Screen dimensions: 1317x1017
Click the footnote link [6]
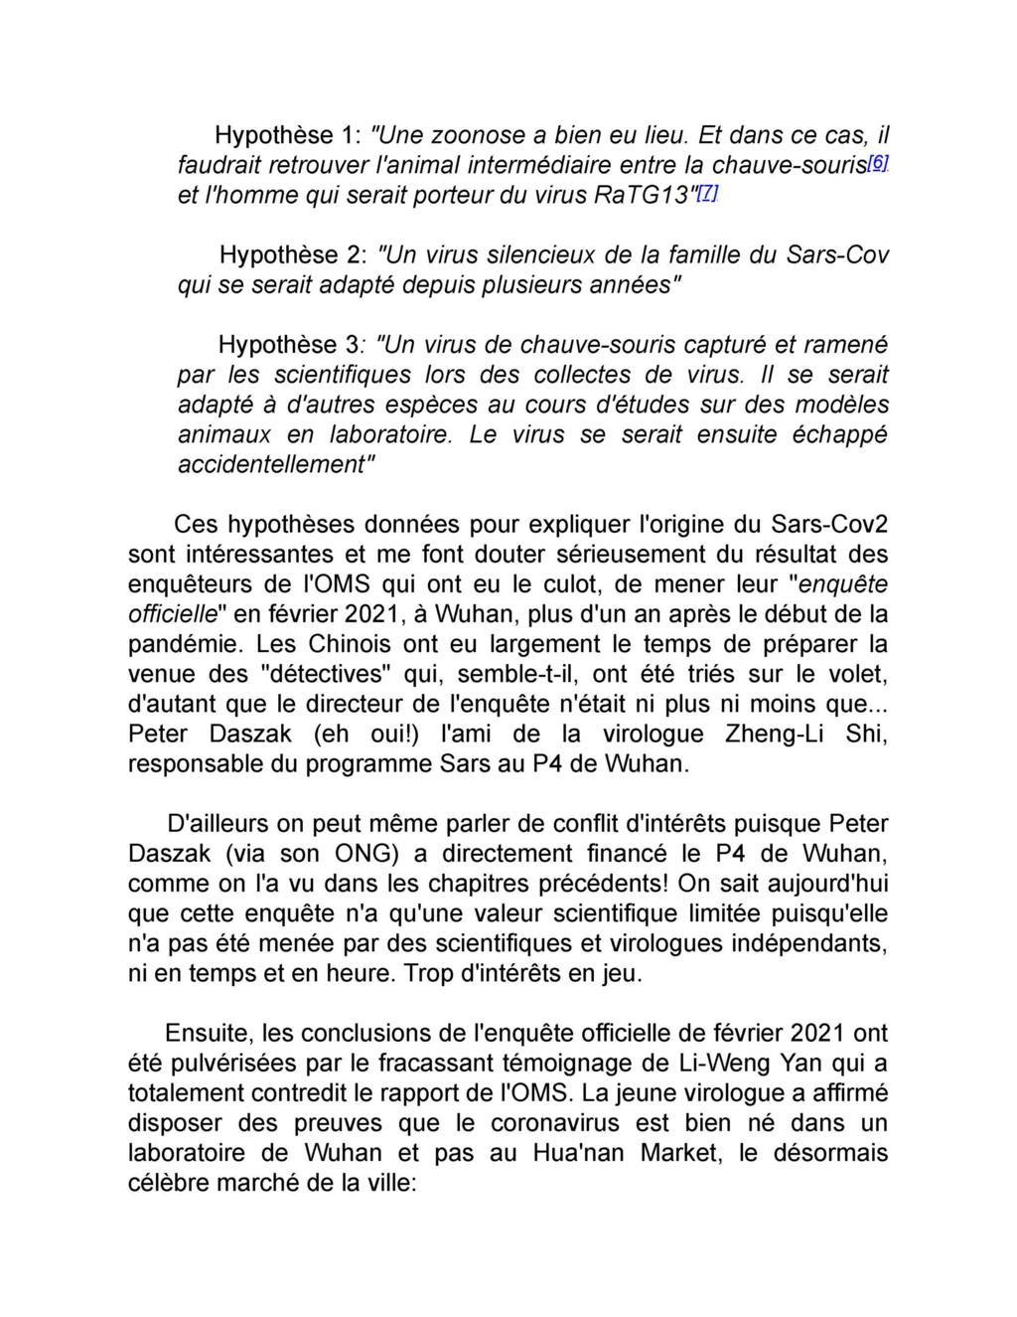tap(878, 161)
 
